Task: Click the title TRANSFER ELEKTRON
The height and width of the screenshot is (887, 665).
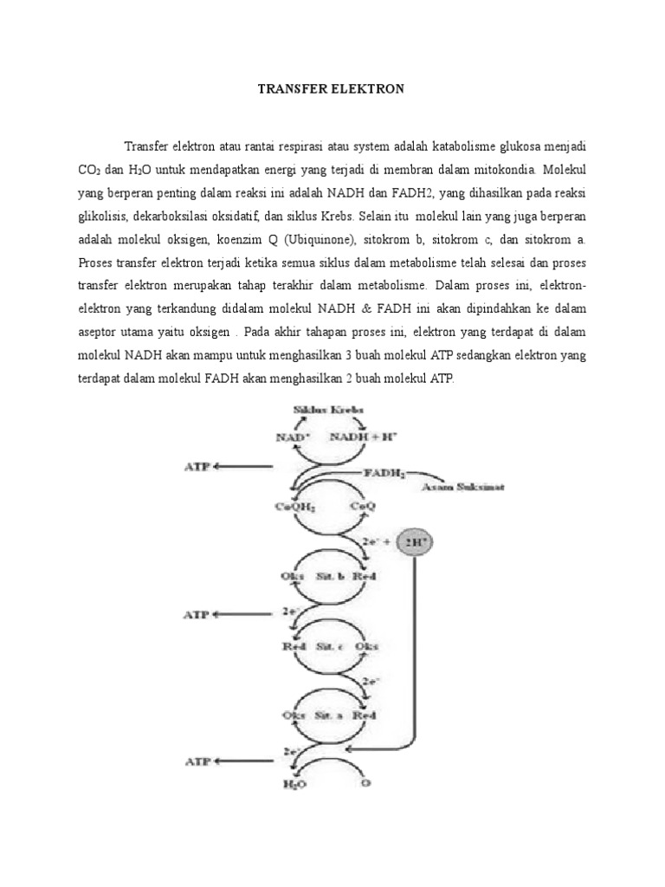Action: [332, 89]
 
